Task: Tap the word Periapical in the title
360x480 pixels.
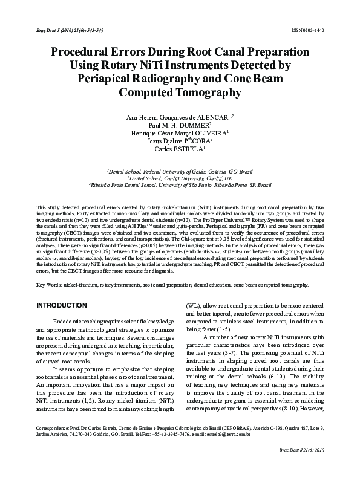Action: tap(111, 79)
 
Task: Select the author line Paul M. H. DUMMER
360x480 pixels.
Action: tap(180, 124)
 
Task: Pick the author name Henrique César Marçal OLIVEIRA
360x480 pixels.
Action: tap(180, 132)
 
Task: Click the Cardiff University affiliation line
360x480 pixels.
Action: tap(180, 178)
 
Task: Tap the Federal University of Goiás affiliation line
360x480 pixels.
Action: tap(180, 172)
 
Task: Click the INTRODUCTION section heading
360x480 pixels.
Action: tap(62, 305)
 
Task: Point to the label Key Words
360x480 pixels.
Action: tap(49, 284)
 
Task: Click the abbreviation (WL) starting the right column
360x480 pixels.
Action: tap(193, 305)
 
